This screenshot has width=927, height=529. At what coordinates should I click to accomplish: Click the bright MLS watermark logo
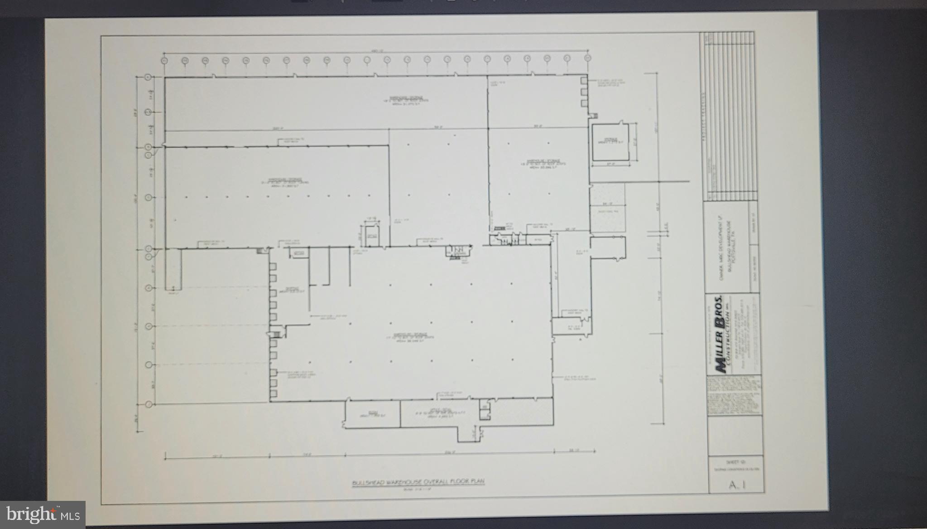click(43, 514)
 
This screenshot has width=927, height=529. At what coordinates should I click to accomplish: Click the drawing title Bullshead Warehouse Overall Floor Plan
click(418, 482)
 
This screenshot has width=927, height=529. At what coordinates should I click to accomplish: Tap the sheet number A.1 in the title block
click(737, 485)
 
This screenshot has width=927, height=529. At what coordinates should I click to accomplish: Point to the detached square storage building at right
click(610, 142)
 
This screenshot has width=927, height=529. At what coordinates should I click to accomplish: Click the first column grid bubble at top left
click(164, 59)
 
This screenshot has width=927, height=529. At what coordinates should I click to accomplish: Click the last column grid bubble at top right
click(587, 58)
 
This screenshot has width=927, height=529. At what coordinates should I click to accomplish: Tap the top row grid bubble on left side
click(148, 78)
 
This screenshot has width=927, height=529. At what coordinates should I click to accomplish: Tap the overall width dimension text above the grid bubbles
click(374, 51)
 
